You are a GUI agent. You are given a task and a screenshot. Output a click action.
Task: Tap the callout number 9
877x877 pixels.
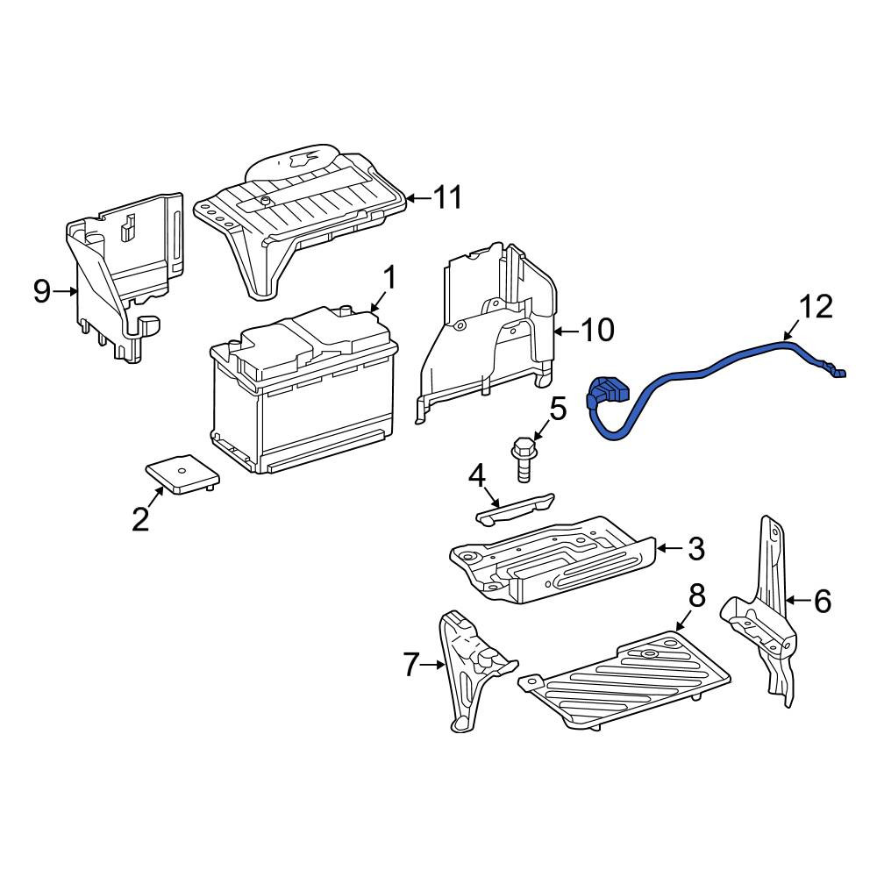point(42,291)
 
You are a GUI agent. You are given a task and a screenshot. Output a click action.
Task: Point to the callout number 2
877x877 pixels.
point(140,518)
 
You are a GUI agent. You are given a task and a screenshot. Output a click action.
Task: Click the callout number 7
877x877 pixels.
point(410,665)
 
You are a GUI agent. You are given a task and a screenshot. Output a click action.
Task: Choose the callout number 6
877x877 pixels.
point(823,601)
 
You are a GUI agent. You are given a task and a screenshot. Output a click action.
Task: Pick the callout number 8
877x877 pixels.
point(697,596)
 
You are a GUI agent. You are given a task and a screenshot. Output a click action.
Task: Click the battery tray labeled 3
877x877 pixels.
point(553,560)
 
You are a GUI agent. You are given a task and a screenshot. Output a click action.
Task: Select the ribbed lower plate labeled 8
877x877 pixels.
point(624,680)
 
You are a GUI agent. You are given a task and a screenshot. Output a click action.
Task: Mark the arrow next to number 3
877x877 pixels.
point(669,548)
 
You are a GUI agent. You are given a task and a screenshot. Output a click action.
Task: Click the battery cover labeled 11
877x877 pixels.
point(300,221)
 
